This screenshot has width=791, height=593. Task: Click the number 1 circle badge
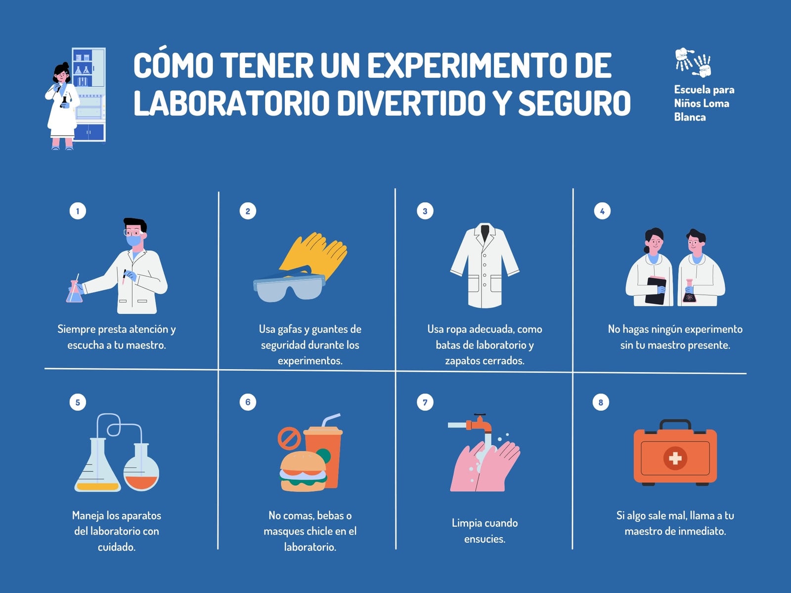pos(78,211)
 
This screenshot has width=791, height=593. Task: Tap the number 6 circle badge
pos(248,402)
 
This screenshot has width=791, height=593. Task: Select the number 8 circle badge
pos(600,402)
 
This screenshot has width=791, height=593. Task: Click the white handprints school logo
pos(693,63)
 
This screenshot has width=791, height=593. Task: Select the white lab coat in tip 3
pos(484,265)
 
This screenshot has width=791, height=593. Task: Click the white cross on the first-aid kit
pos(675,458)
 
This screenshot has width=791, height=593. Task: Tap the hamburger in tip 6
pos(303,471)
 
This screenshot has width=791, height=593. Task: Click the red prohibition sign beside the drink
pos(289,438)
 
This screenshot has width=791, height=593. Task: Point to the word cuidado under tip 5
pos(116,547)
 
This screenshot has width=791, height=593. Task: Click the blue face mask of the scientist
pos(133,240)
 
